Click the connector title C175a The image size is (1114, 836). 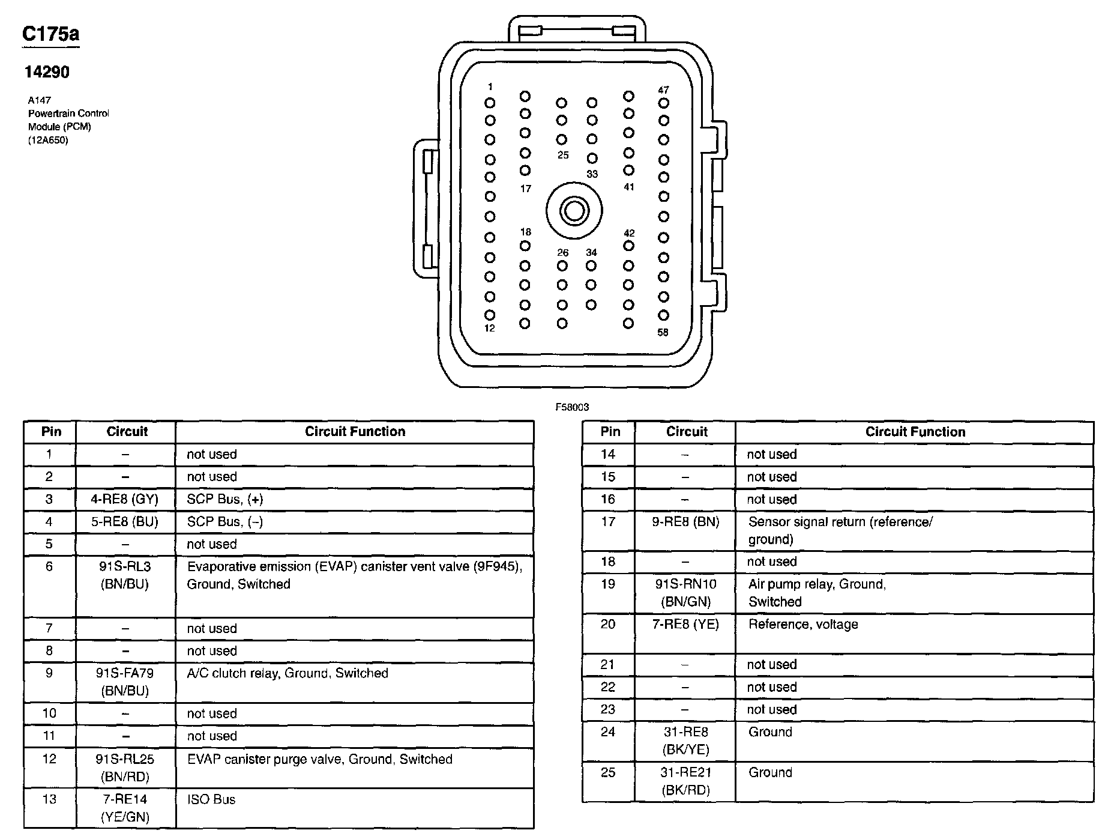click(x=50, y=34)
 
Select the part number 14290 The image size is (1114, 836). click(x=47, y=72)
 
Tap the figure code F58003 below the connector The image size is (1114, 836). click(x=572, y=407)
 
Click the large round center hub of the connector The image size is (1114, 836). click(x=574, y=211)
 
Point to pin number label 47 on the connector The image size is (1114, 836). click(x=663, y=90)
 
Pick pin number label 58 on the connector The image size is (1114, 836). click(x=663, y=332)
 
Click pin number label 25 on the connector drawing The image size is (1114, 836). click(x=562, y=155)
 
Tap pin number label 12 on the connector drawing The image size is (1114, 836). click(x=490, y=328)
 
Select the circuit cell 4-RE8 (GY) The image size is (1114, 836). click(x=125, y=499)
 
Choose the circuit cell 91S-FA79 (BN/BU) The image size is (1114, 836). click(x=125, y=682)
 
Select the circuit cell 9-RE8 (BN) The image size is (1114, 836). click(x=685, y=522)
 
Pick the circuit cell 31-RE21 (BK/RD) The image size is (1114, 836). click(x=685, y=781)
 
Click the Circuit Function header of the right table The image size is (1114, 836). click(x=915, y=432)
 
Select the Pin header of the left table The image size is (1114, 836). click(x=51, y=431)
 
